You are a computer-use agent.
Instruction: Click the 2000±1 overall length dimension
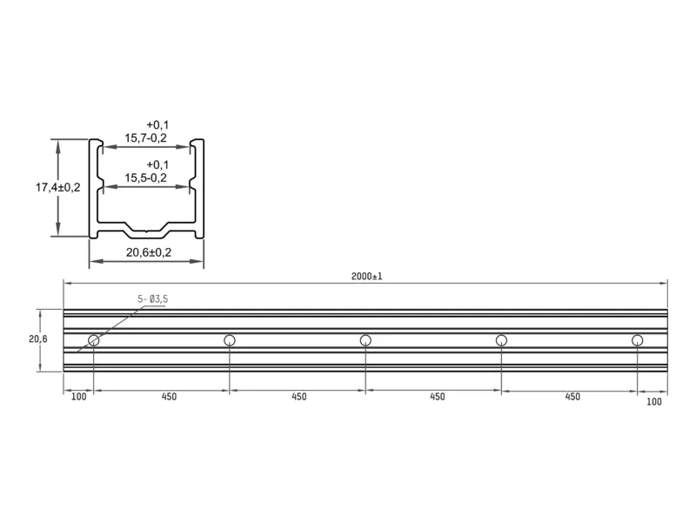click(366, 276)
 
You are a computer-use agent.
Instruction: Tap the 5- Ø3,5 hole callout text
click(153, 299)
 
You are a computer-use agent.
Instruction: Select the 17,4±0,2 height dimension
click(57, 187)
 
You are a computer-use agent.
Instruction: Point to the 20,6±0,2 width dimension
click(148, 252)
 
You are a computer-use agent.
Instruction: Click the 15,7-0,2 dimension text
click(145, 138)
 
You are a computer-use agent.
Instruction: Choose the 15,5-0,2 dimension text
click(145, 178)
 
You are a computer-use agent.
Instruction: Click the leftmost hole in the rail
click(94, 340)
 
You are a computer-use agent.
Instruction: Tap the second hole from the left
click(230, 340)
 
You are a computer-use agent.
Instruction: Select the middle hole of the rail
click(365, 340)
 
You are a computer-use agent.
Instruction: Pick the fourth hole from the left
click(502, 340)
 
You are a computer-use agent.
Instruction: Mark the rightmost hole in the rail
click(638, 340)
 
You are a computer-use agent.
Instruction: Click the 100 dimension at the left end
click(78, 397)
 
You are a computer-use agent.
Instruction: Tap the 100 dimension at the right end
click(654, 402)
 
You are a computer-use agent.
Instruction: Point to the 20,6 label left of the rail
click(38, 339)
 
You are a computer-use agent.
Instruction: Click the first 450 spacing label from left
click(169, 397)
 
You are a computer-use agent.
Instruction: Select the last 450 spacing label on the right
click(572, 397)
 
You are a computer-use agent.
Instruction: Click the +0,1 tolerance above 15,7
click(157, 125)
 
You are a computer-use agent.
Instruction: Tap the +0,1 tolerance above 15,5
click(157, 165)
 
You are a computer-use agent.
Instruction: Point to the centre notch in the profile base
click(146, 231)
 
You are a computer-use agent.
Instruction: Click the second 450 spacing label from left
click(299, 397)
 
